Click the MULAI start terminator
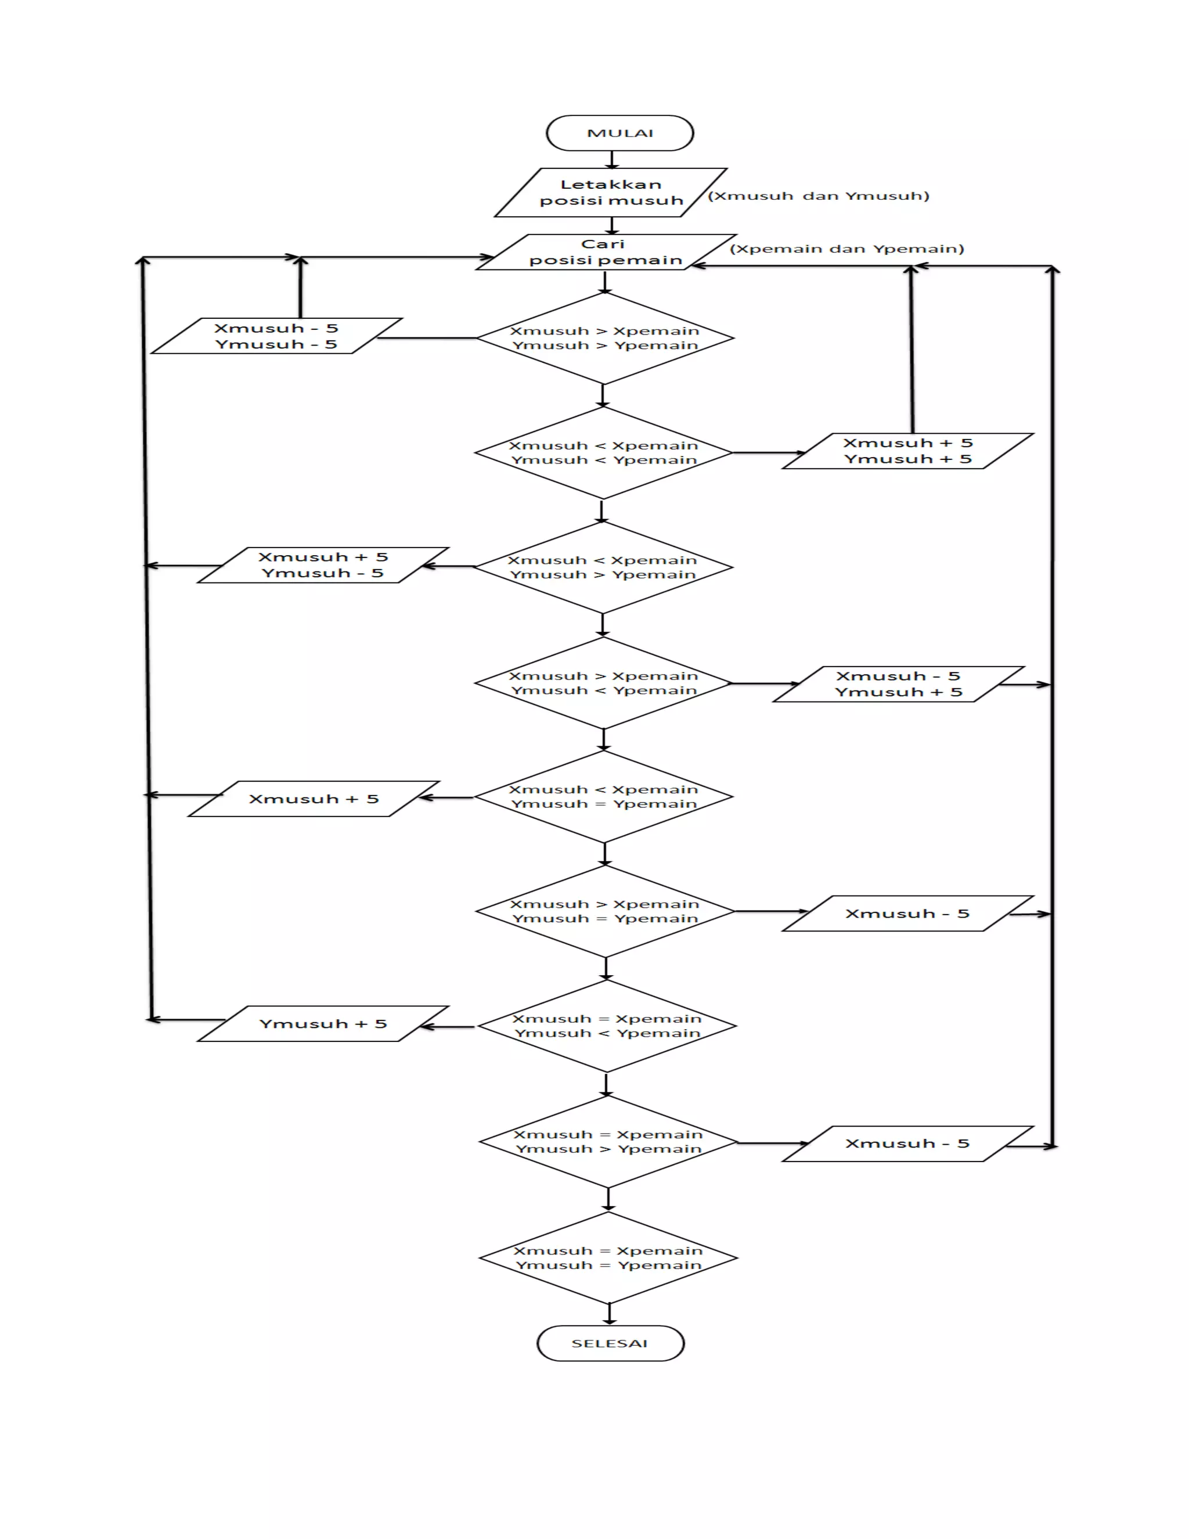pyautogui.click(x=620, y=133)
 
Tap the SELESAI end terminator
pyautogui.click(x=610, y=1343)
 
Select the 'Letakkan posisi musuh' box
pyautogui.click(x=611, y=192)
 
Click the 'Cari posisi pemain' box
pyautogui.click(x=606, y=252)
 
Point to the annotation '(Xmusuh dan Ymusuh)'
pyautogui.click(x=819, y=196)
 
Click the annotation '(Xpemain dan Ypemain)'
pyautogui.click(x=846, y=249)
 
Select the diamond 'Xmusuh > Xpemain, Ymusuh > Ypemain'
pyautogui.click(x=605, y=338)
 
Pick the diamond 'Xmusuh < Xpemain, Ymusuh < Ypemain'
pyautogui.click(x=604, y=453)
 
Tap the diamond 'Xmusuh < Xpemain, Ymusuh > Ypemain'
pyautogui.click(x=603, y=567)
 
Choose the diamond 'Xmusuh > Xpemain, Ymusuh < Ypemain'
pyautogui.click(x=604, y=683)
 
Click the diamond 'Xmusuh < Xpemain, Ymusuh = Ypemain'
pyautogui.click(x=604, y=797)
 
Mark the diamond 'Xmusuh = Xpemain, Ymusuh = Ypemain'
pyautogui.click(x=608, y=1258)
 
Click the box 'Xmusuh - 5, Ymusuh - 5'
pyautogui.click(x=276, y=336)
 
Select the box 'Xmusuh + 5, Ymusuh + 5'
pyautogui.click(x=908, y=451)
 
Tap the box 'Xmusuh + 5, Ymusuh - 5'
pyautogui.click(x=323, y=565)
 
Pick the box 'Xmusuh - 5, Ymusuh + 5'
pyautogui.click(x=899, y=684)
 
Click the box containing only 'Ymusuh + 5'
pyautogui.click(x=323, y=1024)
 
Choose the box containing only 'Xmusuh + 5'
pyautogui.click(x=314, y=799)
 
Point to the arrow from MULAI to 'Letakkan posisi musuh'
pyautogui.click(x=612, y=160)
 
